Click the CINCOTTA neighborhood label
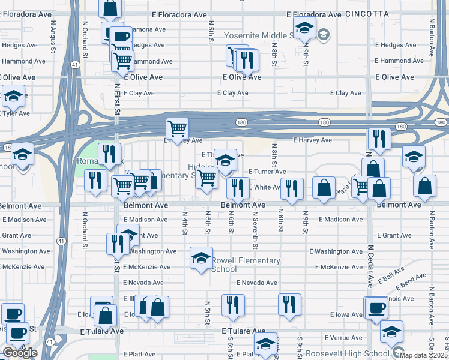(x=367, y=13)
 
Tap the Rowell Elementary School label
(x=246, y=265)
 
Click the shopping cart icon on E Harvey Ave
(x=177, y=128)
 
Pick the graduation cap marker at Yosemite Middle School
(x=304, y=28)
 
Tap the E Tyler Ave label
(x=16, y=113)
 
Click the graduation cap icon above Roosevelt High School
(x=391, y=331)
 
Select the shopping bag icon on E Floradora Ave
(x=110, y=9)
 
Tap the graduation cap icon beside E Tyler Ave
(x=13, y=95)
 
